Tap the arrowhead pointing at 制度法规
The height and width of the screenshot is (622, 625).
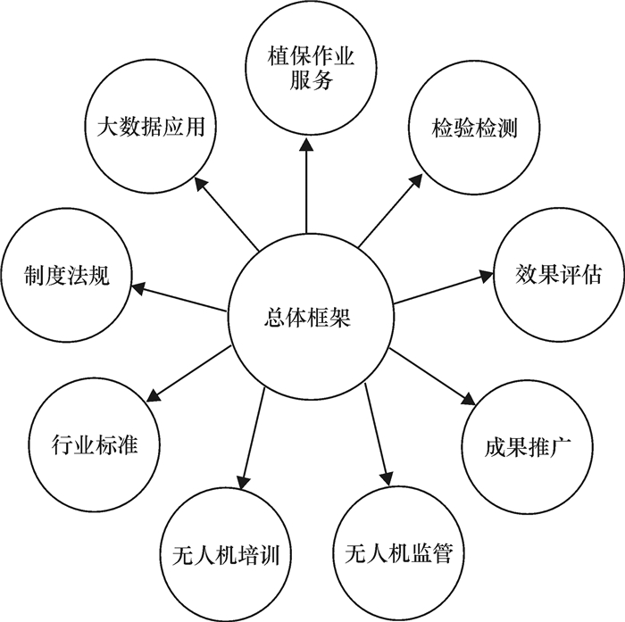tap(138, 286)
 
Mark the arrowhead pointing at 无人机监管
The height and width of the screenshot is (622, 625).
tap(387, 476)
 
